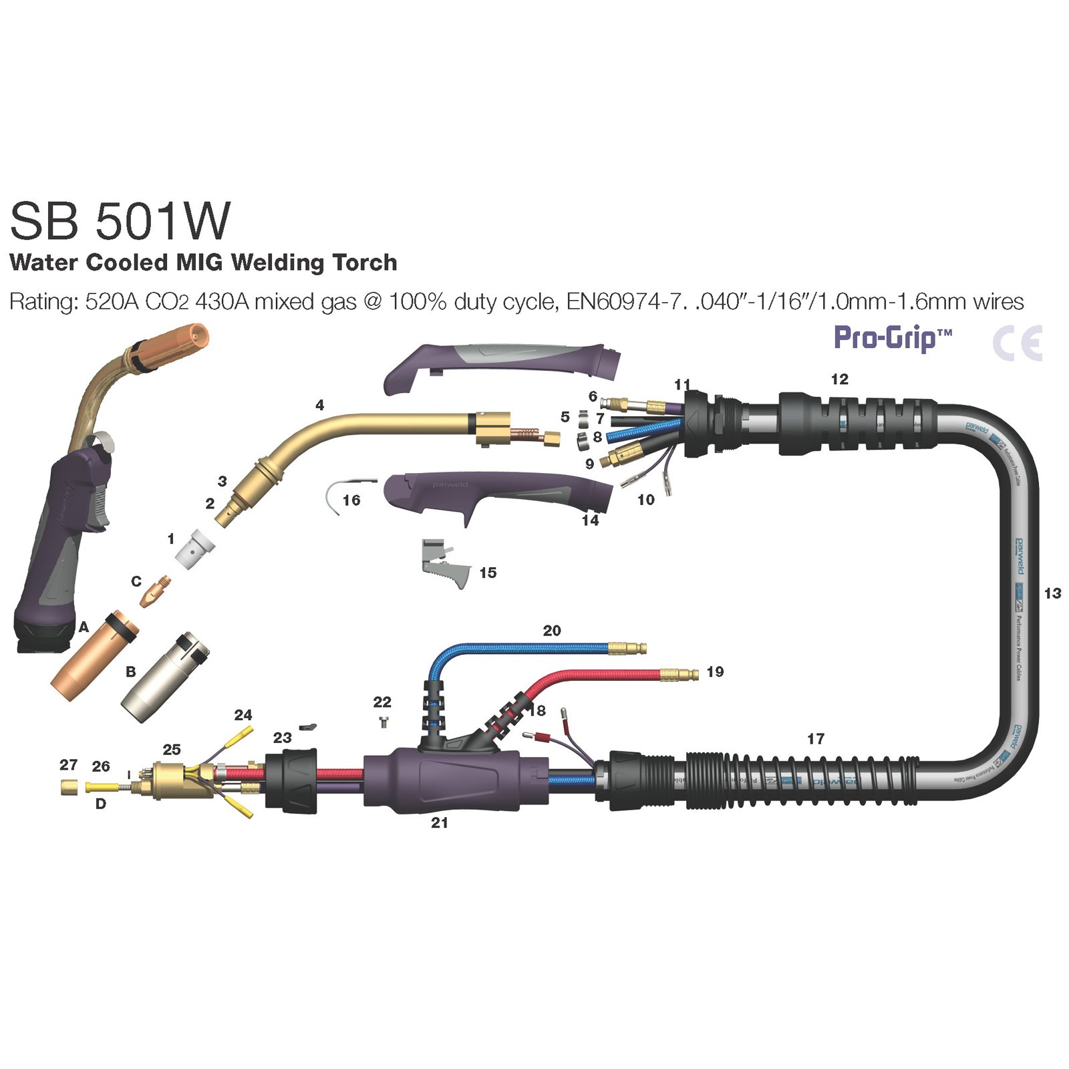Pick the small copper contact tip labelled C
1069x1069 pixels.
click(x=155, y=589)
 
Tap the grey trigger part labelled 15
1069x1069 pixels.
click(x=444, y=565)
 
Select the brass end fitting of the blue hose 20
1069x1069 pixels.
click(x=627, y=647)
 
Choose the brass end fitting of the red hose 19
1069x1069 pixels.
click(x=679, y=674)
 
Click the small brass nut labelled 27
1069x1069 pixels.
click(x=67, y=787)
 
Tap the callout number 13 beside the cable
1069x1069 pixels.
click(x=1052, y=593)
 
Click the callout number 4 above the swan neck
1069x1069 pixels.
click(x=319, y=405)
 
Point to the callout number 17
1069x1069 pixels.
click(x=815, y=738)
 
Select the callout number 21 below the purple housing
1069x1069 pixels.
click(x=439, y=822)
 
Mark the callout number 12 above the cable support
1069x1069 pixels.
click(x=839, y=379)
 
